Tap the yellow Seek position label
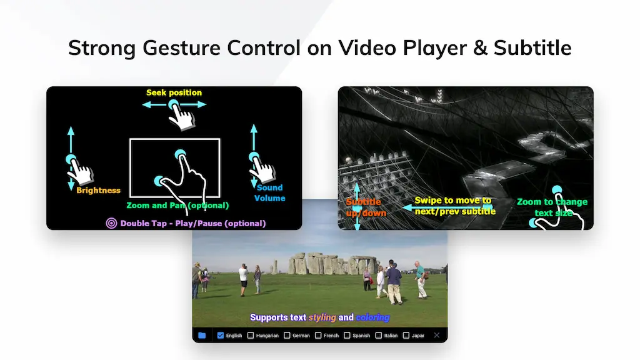[x=174, y=92]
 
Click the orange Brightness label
[x=98, y=190]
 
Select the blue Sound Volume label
[x=269, y=192]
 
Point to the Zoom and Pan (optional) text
[x=177, y=205]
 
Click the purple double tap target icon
[x=111, y=223]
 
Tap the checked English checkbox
[x=221, y=336]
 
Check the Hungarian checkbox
[x=251, y=336]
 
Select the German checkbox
[x=287, y=336]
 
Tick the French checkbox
[x=318, y=336]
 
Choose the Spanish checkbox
[x=347, y=336]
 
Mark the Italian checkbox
[x=378, y=336]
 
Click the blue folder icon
[x=202, y=336]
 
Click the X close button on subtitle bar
[x=437, y=336]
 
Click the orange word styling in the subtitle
[x=322, y=317]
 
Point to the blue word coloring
[x=372, y=317]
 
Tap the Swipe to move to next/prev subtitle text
[x=455, y=206]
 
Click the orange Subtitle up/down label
[x=366, y=207]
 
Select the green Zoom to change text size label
[x=552, y=207]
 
